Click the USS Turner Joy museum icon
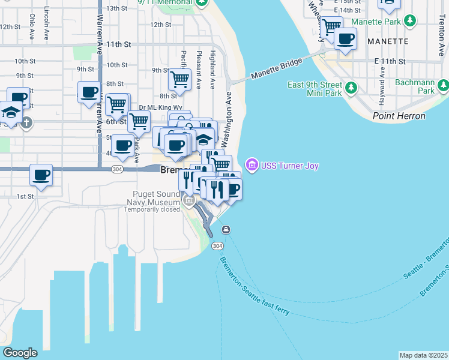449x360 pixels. [252, 166]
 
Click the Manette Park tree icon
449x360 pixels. [411, 22]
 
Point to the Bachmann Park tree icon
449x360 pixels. [443, 85]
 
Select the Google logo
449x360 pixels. [20, 353]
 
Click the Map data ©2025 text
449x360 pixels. [423, 355]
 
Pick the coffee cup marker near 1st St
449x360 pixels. [41, 175]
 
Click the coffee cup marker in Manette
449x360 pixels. [345, 40]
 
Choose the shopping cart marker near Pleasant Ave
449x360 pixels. [179, 79]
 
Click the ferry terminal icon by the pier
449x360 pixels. [226, 230]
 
